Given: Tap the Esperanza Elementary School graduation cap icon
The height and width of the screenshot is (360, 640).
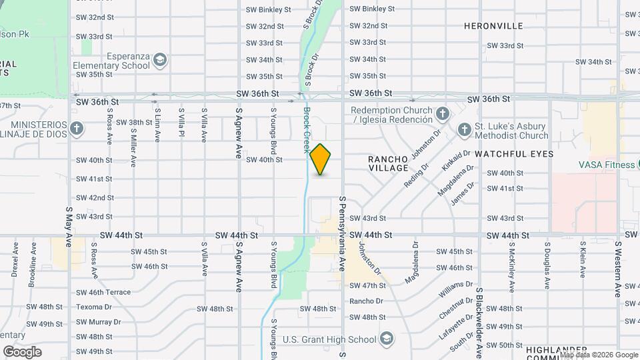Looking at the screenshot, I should tap(159, 61).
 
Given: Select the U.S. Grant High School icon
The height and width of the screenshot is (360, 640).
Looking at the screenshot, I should tap(386, 339).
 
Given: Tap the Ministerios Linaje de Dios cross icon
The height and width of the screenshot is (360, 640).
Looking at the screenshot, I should tap(77, 129).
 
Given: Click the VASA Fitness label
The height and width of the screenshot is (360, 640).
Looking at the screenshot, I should tap(605, 164).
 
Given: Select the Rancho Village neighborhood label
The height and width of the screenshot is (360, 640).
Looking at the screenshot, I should tap(388, 164).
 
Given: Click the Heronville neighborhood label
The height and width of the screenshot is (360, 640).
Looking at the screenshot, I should tap(493, 26).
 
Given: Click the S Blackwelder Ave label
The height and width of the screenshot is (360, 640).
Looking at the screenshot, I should tap(479, 320).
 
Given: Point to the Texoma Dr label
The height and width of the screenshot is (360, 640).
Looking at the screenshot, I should tap(94, 307).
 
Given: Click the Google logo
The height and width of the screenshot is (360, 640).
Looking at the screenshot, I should tap(22, 352).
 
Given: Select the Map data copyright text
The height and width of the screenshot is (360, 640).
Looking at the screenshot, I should tap(597, 355).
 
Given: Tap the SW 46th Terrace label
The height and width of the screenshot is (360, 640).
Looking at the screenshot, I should tap(103, 292).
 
